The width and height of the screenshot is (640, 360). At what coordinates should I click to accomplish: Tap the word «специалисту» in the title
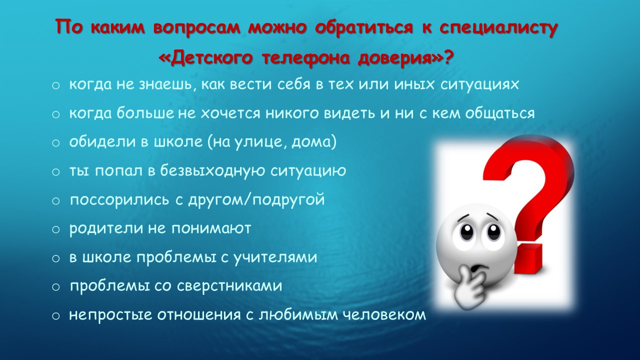click(498, 28)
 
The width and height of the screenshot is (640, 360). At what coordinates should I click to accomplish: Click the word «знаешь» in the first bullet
click(168, 85)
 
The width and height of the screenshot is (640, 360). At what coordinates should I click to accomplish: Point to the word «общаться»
click(500, 113)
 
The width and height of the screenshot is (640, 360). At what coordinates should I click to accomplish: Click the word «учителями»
click(275, 257)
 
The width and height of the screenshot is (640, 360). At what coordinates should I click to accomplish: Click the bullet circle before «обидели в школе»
click(56, 143)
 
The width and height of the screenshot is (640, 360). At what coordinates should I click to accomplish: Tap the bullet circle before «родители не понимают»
click(56, 229)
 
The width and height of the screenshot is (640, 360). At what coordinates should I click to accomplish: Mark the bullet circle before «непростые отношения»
click(56, 316)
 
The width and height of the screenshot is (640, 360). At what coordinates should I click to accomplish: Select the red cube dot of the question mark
click(529, 258)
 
